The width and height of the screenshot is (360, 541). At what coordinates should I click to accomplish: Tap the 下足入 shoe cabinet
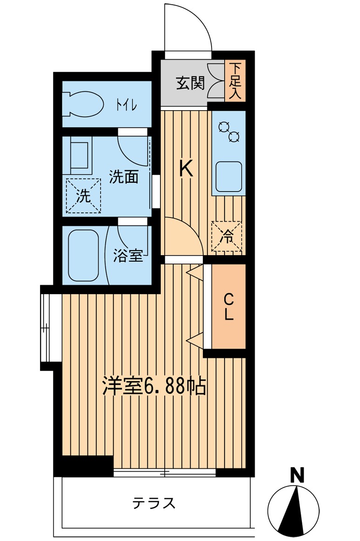pos(235,81)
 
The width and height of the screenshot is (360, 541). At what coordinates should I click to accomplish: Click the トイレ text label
pos(126,105)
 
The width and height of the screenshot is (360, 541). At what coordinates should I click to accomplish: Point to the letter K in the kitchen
pos(186,168)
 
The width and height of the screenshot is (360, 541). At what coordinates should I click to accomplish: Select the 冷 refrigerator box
pos(227,236)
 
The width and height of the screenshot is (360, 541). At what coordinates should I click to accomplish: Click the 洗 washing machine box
pos(83,196)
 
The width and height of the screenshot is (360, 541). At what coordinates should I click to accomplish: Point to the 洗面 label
pos(124,177)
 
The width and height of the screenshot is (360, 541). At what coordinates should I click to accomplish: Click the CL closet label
pos(228,306)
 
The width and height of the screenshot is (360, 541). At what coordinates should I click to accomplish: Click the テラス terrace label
pos(153,503)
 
